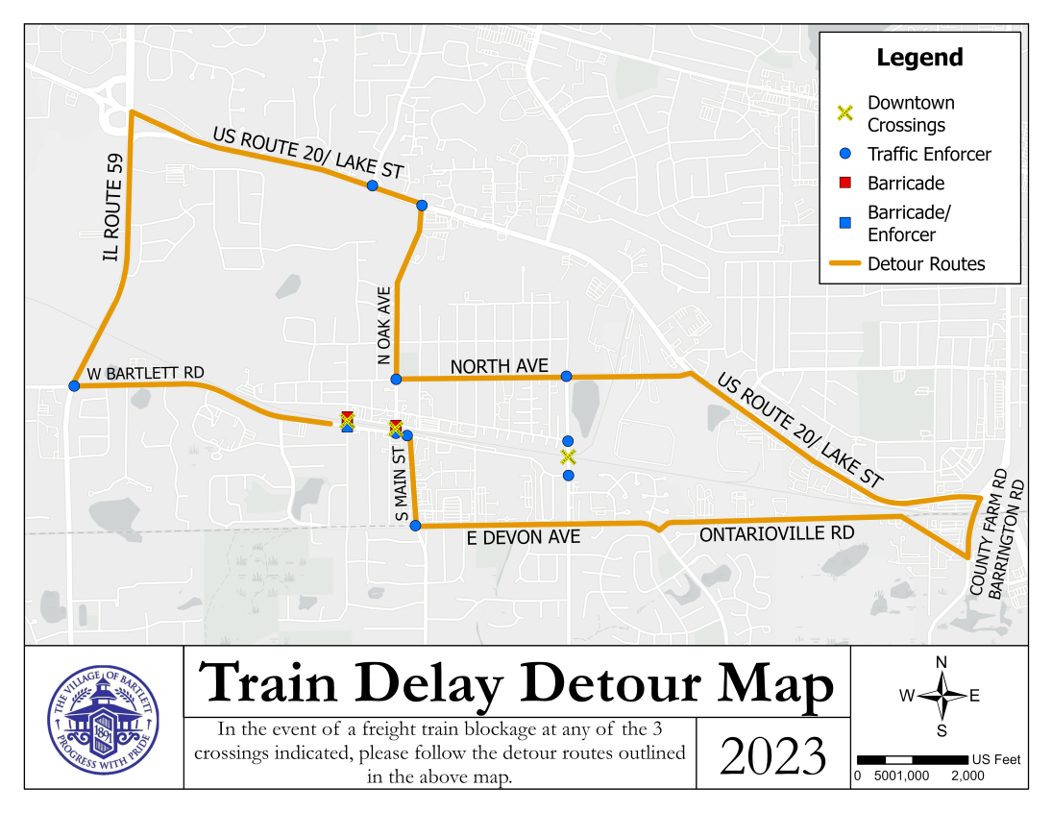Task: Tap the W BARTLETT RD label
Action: (145, 373)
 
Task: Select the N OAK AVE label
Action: (384, 325)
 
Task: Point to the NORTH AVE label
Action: (499, 366)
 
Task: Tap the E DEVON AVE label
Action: (524, 537)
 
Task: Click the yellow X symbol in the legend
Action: (844, 112)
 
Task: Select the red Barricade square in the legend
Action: (845, 183)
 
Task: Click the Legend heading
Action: (919, 58)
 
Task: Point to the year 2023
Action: (773, 755)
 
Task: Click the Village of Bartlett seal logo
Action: (104, 718)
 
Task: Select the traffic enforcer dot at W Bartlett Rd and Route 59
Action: (74, 385)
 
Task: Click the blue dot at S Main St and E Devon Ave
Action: (415, 526)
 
